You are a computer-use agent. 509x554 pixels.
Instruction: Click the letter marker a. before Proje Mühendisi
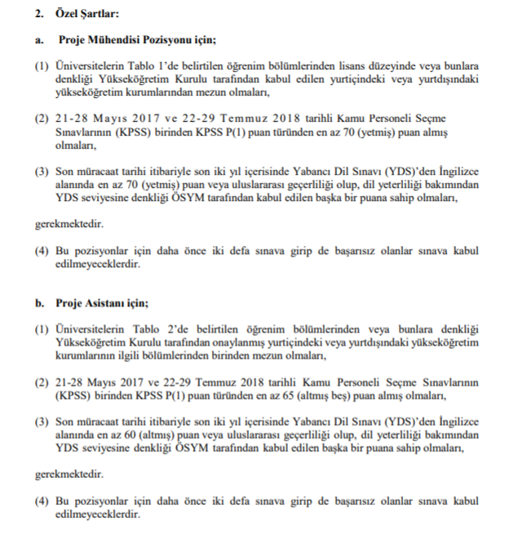38,39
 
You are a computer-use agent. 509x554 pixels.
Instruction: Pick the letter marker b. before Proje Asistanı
38,304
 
